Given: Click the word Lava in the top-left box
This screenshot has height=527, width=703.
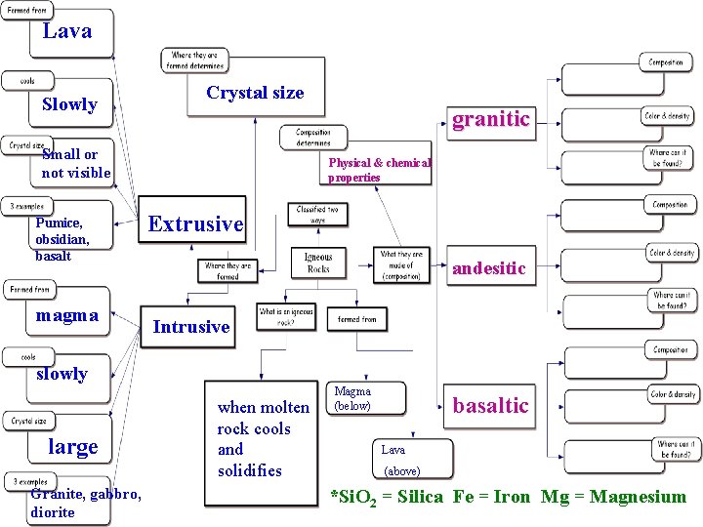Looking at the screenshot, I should coord(67,31).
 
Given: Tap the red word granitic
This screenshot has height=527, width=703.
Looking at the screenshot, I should coord(490,119).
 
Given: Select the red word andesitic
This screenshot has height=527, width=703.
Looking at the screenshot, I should coord(488,267).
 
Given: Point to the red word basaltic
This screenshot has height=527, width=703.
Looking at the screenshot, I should coord(490,405).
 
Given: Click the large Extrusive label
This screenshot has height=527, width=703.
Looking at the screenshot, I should coord(195,223).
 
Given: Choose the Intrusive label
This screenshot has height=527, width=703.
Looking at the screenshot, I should coord(191,327).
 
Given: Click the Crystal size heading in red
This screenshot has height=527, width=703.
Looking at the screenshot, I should coord(255,93).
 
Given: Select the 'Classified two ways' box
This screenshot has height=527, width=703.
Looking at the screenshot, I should coord(318,214).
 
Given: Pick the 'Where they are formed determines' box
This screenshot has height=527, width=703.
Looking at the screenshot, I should coord(195,61).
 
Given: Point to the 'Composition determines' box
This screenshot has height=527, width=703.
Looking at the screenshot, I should coord(313,138).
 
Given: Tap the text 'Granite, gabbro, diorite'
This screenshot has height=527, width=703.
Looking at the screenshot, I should coord(86,503).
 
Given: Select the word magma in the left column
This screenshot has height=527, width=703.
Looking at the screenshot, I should coord(66,314).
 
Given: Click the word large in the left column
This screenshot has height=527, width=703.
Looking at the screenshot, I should coord(73,447).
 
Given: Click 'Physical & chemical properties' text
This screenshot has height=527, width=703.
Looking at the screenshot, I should coord(379,170).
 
